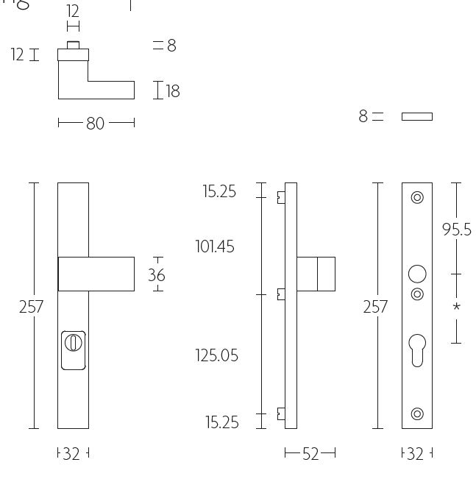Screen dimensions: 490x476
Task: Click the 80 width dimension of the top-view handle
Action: (96, 124)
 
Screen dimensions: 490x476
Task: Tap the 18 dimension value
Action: (173, 91)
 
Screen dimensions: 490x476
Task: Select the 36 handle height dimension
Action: (157, 275)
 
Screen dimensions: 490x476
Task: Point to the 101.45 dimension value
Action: (215, 246)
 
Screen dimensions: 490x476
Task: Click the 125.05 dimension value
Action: (217, 355)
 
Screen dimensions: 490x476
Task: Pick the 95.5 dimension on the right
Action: (456, 230)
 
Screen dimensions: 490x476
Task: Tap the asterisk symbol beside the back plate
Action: (456, 307)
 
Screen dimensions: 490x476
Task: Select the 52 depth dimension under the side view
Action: (310, 454)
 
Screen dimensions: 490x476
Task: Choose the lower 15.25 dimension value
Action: (221, 422)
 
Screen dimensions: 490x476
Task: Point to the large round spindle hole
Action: (417, 274)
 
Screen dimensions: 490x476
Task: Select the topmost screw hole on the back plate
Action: (417, 197)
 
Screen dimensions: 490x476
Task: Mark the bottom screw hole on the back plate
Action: (417, 414)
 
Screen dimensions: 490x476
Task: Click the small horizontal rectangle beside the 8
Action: (417, 116)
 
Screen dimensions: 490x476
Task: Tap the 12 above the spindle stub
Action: (73, 11)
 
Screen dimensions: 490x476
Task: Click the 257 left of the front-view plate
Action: (32, 307)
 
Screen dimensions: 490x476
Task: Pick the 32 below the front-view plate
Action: (71, 454)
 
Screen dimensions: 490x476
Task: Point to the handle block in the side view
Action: (316, 274)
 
